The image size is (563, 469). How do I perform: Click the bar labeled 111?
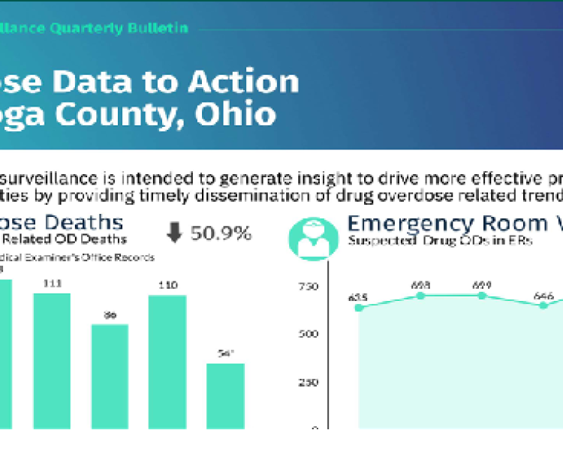(x=52, y=360)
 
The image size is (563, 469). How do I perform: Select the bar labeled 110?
(x=167, y=362)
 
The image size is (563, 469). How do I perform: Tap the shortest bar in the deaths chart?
(x=225, y=395)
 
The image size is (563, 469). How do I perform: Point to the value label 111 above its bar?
(x=52, y=284)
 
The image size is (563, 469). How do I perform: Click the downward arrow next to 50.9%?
(x=174, y=233)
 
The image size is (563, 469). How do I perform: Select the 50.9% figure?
(x=221, y=233)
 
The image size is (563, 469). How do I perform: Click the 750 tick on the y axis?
(x=309, y=287)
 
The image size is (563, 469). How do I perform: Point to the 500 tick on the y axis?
(x=309, y=334)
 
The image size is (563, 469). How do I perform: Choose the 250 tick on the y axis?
(x=309, y=381)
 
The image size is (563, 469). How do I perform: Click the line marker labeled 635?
(x=359, y=307)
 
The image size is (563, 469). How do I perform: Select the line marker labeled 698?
(x=420, y=296)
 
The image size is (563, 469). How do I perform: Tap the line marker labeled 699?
(x=482, y=296)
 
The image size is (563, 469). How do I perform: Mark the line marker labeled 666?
(x=543, y=305)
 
